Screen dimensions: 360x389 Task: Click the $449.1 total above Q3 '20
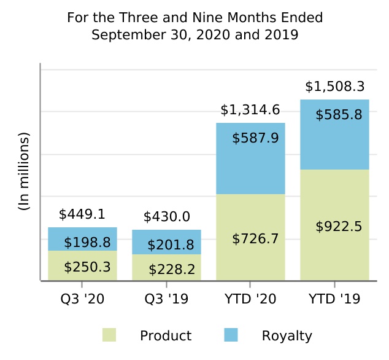82,214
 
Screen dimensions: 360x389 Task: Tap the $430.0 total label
167,217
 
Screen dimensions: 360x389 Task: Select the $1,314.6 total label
250,110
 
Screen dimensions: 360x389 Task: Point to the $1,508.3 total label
335,87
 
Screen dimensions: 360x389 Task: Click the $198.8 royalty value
87,243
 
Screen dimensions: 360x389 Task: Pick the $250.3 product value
87,267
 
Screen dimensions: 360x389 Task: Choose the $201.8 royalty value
171,245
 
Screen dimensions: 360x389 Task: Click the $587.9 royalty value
255,138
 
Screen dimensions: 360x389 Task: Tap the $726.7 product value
255,238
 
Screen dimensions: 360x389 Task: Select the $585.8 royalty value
339,114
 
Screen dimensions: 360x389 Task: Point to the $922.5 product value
339,227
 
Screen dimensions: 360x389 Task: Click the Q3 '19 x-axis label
166,299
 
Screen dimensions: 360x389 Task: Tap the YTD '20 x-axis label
250,299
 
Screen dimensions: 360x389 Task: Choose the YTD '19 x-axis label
334,299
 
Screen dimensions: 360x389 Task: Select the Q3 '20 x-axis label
82,299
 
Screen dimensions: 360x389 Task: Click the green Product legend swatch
109,335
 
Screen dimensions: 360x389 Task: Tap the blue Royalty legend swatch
231,335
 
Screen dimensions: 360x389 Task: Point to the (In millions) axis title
24,171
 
